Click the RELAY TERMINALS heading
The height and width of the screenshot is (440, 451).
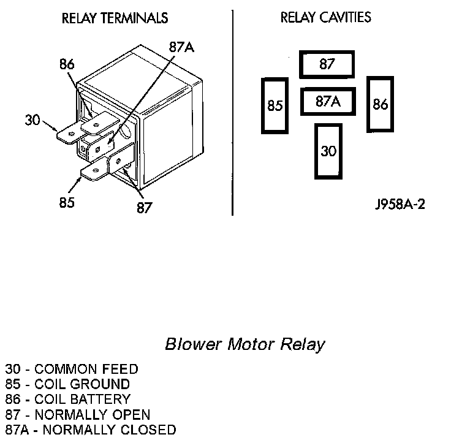point(115,18)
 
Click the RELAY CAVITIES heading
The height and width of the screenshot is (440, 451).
point(325,17)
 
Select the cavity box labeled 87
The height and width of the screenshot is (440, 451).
point(327,64)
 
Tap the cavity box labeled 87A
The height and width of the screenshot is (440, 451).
point(328,102)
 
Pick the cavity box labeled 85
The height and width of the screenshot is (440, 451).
point(275,105)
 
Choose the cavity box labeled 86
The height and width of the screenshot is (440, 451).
point(380,104)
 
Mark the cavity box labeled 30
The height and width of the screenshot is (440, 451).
point(328,151)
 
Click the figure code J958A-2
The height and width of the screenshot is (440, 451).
point(400,204)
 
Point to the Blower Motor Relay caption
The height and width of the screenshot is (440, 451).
point(245,344)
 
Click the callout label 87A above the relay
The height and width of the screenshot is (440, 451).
point(181,47)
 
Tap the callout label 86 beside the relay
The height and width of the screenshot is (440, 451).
point(67,64)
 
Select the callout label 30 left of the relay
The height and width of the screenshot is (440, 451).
point(32,119)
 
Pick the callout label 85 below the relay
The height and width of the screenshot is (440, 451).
point(67,202)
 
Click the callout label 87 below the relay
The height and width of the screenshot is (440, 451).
point(144,208)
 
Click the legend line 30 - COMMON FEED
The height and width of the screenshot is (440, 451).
point(72,369)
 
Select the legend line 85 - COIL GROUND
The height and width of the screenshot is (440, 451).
point(67,384)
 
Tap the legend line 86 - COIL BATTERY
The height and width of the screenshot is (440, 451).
point(68,399)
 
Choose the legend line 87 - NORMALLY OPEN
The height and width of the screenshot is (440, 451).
point(78,414)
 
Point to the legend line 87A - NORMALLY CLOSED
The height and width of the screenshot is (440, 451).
point(91,430)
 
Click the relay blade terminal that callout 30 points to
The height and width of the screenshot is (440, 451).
point(69,136)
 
